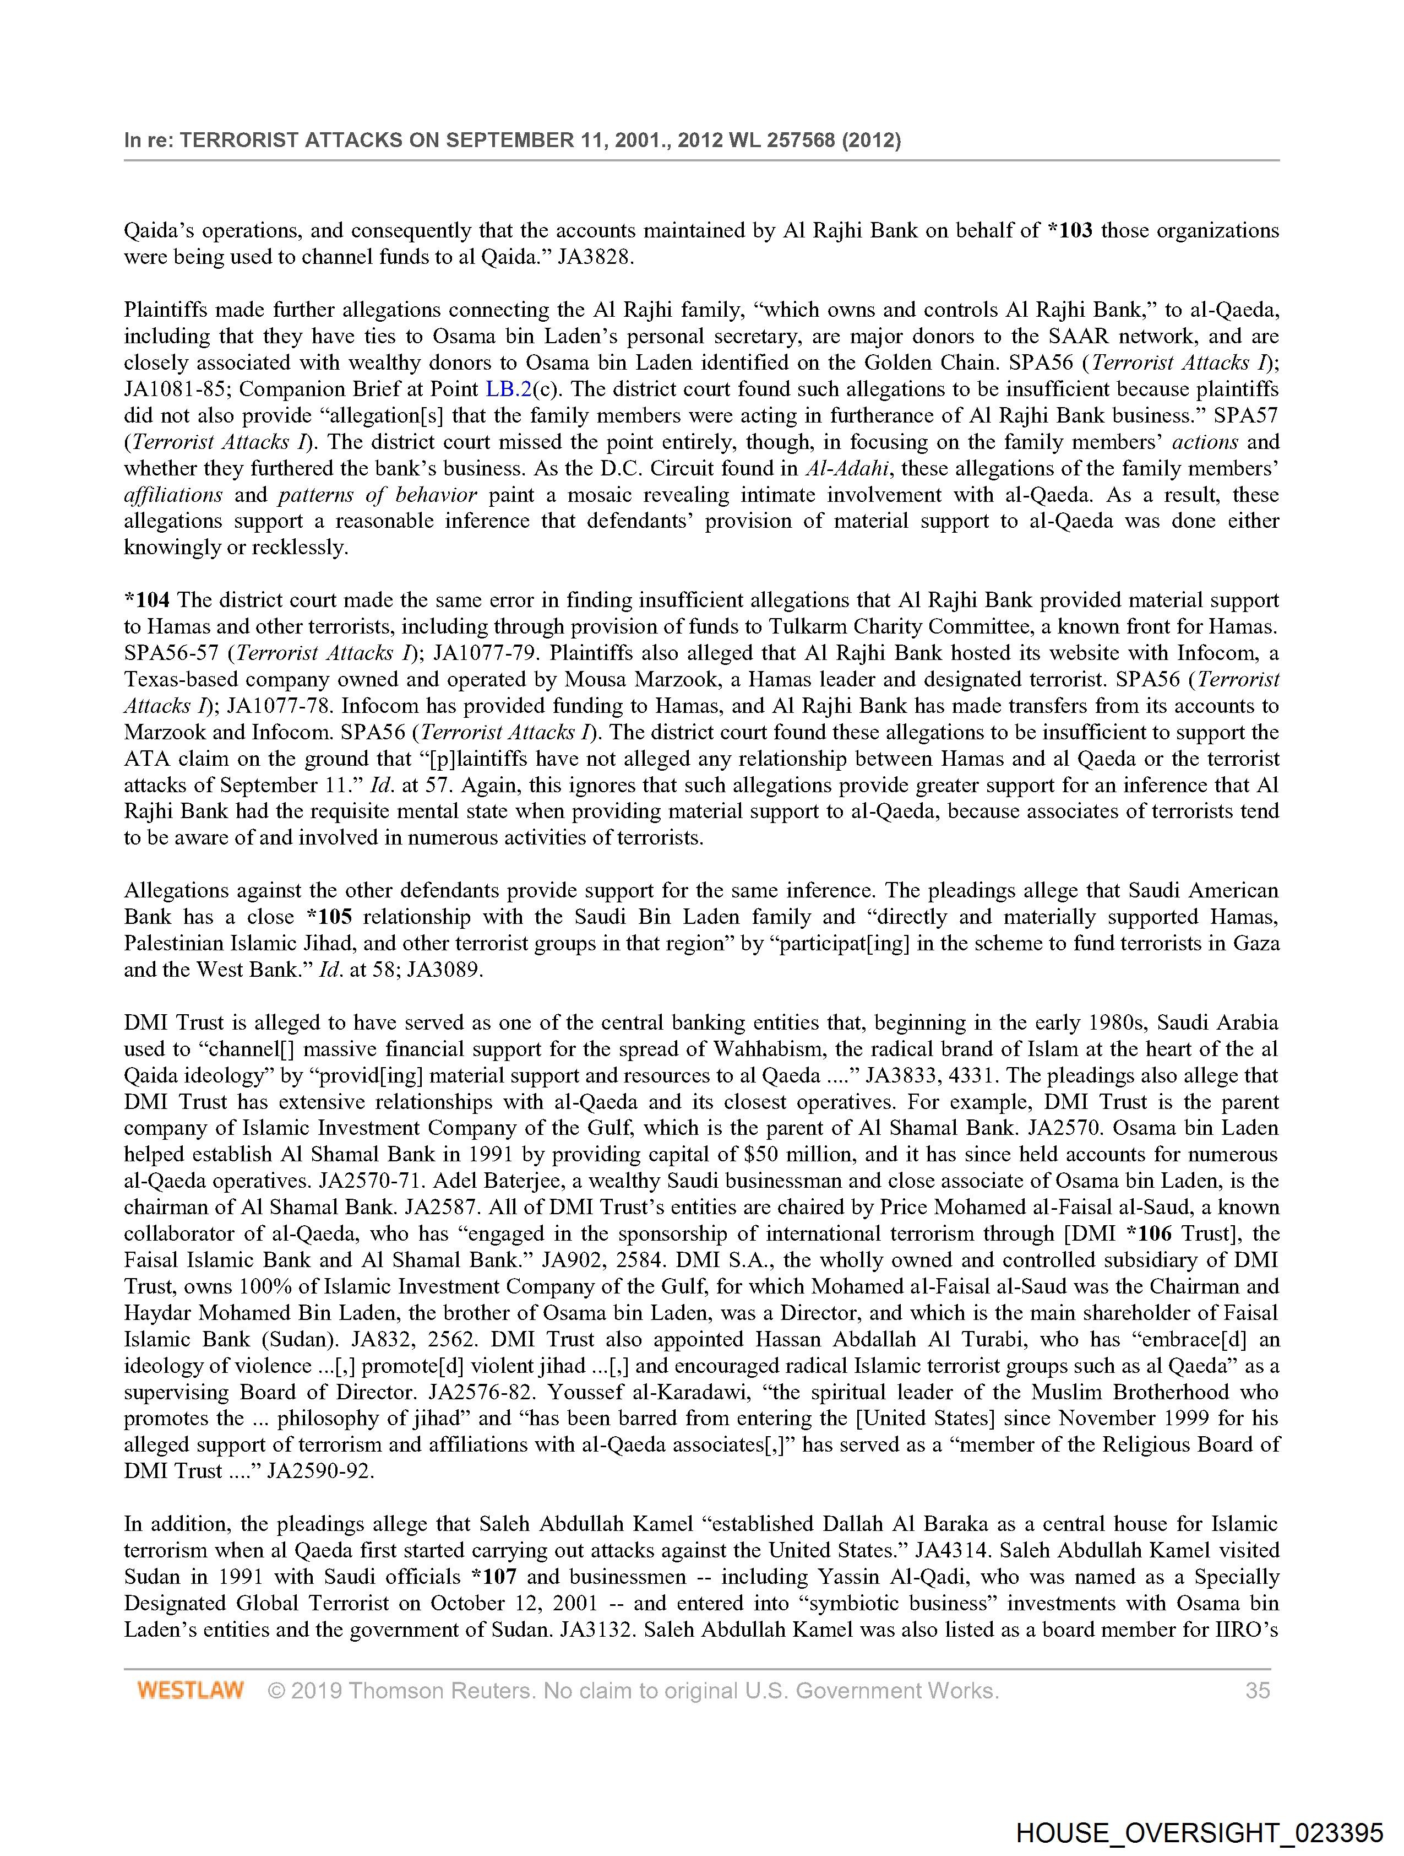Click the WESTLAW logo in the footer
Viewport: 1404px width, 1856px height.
click(x=191, y=1690)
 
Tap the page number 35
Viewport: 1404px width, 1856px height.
click(x=1257, y=1690)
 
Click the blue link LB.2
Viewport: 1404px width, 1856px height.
click(x=508, y=389)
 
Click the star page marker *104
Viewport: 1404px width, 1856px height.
click(x=147, y=600)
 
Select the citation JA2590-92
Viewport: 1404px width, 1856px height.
click(x=319, y=1471)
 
